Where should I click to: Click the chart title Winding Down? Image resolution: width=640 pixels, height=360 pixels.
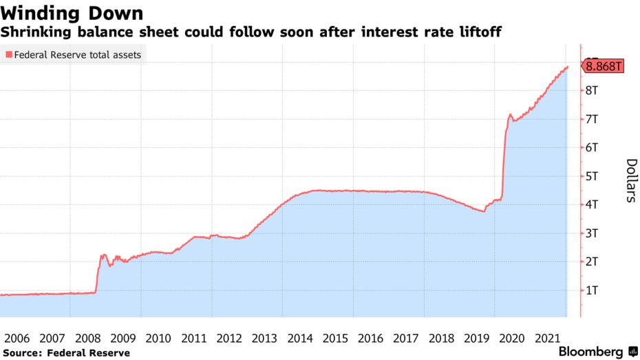72,12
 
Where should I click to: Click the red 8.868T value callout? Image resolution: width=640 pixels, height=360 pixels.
603,67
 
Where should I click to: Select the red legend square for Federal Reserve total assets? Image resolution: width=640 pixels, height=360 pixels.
8,54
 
